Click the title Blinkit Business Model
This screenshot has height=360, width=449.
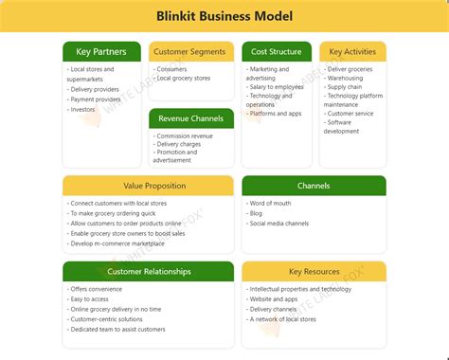click(224, 16)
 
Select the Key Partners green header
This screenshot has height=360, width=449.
click(102, 52)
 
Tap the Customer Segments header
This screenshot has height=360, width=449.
click(190, 52)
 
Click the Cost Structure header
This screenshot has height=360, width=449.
click(276, 52)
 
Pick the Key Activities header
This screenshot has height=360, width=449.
click(352, 52)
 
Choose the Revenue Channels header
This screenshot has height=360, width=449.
click(190, 118)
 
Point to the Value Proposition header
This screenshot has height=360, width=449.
click(148, 186)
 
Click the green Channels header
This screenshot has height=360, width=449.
click(314, 186)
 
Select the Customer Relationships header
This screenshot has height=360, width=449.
click(148, 271)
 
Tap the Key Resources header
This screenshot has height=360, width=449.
click(314, 271)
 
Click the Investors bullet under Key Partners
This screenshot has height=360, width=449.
click(84, 110)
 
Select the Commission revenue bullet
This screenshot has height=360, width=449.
click(185, 136)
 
